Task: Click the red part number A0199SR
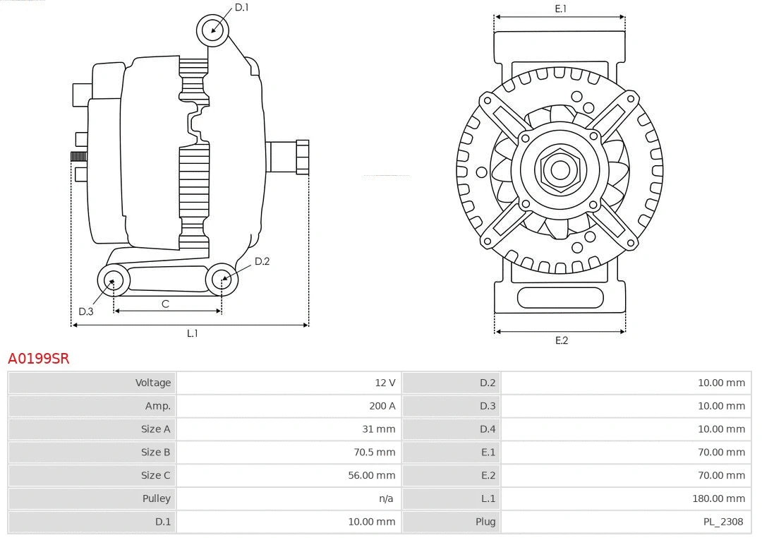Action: (39, 359)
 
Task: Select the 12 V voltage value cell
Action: (385, 383)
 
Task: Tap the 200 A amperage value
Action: (382, 406)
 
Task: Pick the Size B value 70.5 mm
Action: (377, 452)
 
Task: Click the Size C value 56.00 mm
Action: (372, 475)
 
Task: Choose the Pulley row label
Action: (157, 498)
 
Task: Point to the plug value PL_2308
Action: (724, 522)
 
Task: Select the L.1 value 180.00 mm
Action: (718, 498)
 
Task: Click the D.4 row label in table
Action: (488, 429)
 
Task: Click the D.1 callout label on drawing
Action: (242, 8)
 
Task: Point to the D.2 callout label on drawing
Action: (262, 261)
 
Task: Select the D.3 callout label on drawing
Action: (86, 311)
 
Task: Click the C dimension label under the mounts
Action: (165, 304)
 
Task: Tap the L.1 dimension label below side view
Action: (192, 334)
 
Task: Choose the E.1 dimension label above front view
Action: (561, 9)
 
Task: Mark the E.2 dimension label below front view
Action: (561, 341)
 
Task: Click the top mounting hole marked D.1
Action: (212, 30)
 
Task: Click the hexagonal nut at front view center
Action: (560, 169)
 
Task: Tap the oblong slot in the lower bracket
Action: (560, 297)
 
